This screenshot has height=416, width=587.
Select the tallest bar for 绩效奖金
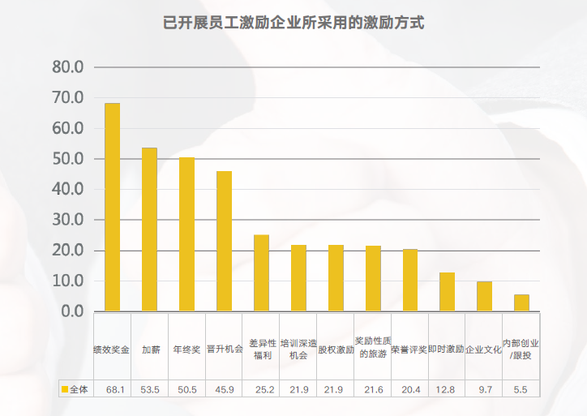click(112, 207)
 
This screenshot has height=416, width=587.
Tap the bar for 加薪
click(149, 229)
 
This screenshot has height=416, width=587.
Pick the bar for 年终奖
click(186, 234)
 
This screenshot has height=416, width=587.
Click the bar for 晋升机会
click(224, 241)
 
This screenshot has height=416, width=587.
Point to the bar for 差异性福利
click(261, 272)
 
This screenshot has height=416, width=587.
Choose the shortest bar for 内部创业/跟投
click(521, 302)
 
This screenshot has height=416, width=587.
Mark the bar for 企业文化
click(484, 296)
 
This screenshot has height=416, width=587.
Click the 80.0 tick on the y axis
click(67, 67)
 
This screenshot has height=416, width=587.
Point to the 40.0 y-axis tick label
click(67, 189)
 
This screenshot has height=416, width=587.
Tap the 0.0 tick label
click(72, 311)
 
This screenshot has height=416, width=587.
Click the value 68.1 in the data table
click(115, 390)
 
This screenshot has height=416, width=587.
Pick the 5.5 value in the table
click(521, 390)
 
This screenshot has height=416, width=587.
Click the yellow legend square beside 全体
click(65, 390)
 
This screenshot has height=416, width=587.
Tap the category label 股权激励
click(335, 350)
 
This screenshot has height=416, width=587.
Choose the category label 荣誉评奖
click(409, 350)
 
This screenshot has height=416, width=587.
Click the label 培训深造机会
click(298, 349)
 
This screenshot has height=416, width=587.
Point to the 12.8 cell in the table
click(447, 390)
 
